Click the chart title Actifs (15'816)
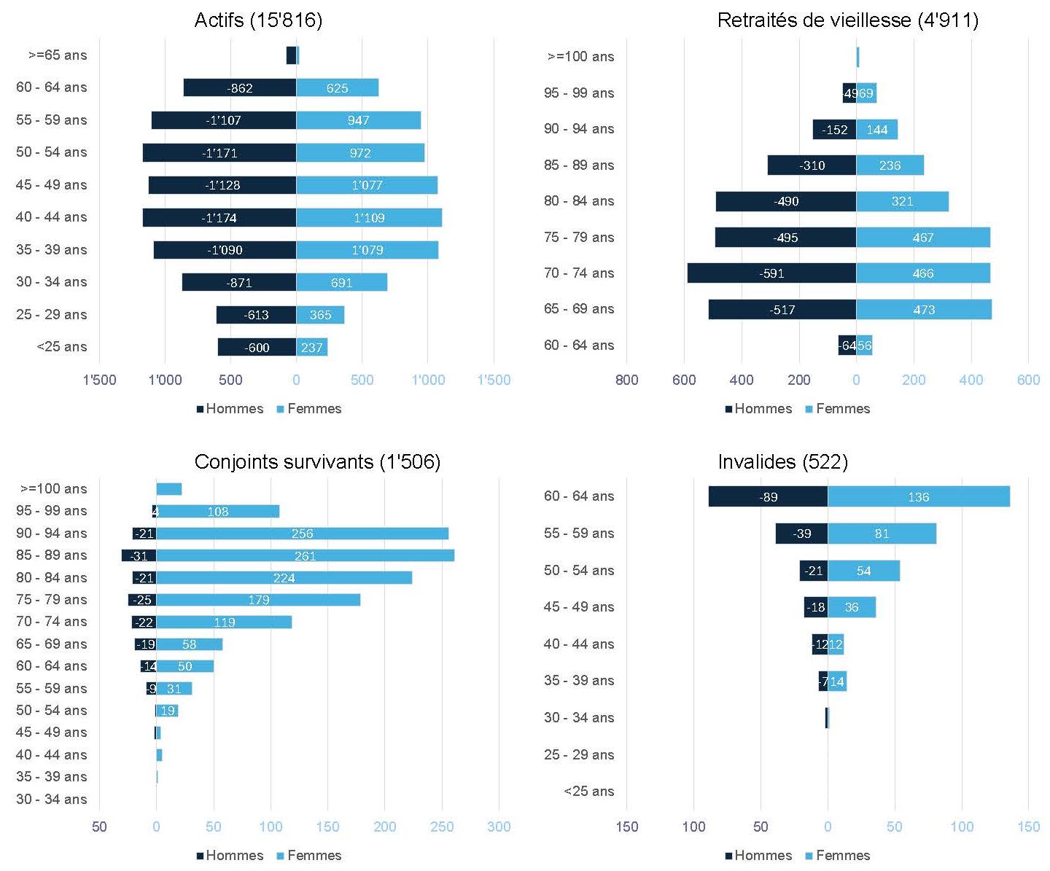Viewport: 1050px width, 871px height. [258, 20]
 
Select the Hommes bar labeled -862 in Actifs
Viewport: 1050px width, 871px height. [239, 87]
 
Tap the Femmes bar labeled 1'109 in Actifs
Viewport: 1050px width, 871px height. [369, 217]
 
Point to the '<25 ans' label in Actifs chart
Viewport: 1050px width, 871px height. [61, 347]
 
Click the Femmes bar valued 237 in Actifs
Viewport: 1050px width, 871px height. [311, 347]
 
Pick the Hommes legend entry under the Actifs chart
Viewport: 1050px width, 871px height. [230, 409]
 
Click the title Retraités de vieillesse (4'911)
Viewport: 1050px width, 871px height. [847, 20]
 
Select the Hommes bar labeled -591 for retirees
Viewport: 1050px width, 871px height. [771, 273]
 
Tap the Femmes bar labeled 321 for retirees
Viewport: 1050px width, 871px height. [902, 201]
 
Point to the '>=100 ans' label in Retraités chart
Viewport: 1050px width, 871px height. [580, 57]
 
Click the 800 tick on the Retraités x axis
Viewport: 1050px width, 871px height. [626, 380]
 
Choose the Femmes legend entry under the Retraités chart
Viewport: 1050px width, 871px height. [838, 409]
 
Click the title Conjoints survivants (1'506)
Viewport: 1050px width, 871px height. [317, 462]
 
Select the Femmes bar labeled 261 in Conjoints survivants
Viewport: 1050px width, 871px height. [305, 555]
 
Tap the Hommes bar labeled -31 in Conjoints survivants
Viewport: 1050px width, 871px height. [139, 555]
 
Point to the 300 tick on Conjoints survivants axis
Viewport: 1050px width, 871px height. [499, 827]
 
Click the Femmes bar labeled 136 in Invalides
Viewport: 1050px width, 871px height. [919, 497]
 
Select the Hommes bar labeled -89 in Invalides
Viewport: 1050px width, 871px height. [768, 497]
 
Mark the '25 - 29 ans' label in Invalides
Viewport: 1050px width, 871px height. [579, 754]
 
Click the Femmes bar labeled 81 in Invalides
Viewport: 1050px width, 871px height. [882, 534]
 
